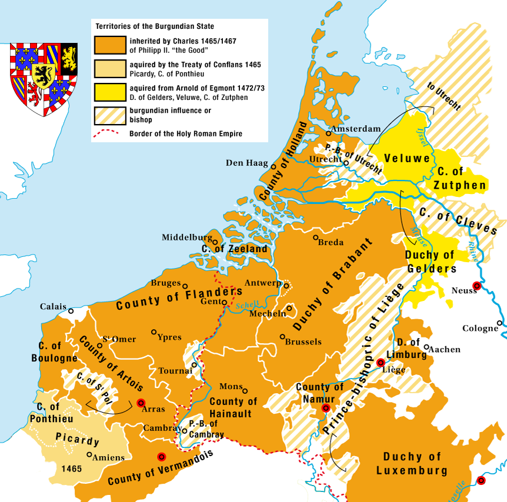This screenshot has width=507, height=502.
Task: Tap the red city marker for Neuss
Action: [477, 286]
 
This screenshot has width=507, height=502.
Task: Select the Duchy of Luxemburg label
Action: [412, 463]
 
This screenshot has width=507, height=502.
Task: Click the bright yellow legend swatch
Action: [110, 91]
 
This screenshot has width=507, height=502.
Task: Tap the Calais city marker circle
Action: [71, 311]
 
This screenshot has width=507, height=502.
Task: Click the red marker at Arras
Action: [141, 403]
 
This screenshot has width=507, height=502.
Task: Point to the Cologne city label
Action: [480, 328]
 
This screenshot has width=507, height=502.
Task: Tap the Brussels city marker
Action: [282, 337]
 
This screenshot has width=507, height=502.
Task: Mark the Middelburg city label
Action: [187, 237]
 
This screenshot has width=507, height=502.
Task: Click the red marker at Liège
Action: [381, 363]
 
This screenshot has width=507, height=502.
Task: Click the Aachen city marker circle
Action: [426, 347]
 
